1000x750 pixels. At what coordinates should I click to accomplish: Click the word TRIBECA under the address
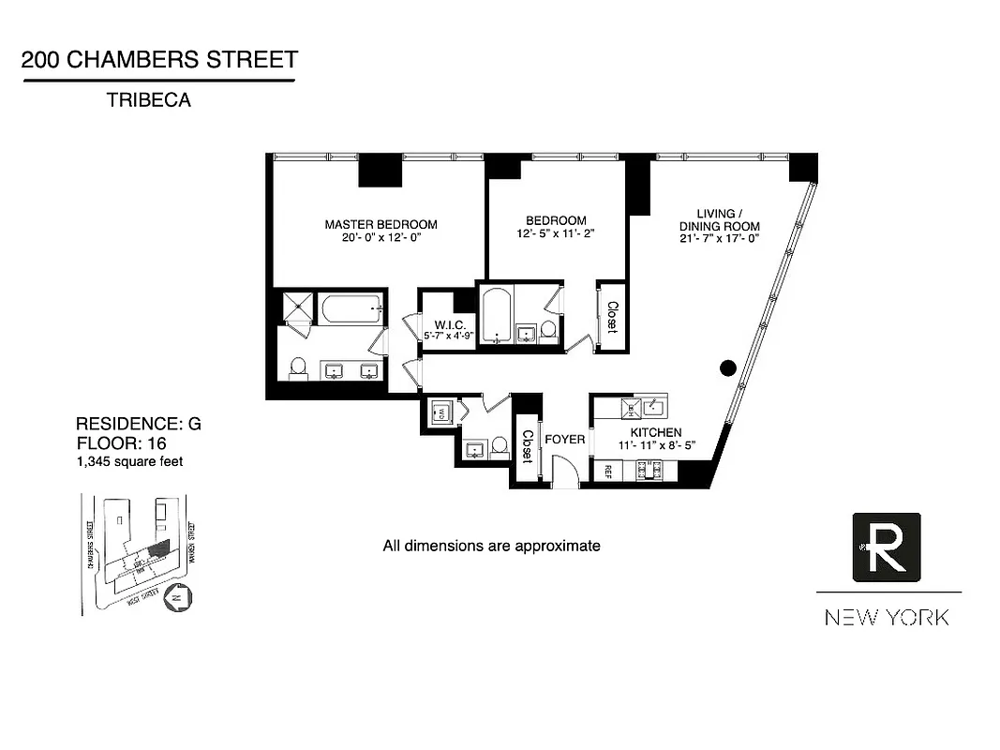pos(148,100)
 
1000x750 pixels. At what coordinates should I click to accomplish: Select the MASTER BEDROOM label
pos(381,224)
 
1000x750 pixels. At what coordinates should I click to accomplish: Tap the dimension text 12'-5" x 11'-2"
pos(556,233)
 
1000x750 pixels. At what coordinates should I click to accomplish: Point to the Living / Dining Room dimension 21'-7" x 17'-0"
pos(721,239)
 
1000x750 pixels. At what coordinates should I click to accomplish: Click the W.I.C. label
pos(437,323)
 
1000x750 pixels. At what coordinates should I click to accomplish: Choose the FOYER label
pos(564,439)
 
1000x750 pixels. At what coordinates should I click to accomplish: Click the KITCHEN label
pos(655,432)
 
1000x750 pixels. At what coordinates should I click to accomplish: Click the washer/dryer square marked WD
pos(440,412)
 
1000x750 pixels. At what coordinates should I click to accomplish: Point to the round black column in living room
pos(727,367)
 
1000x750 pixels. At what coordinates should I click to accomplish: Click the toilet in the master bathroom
pos(298,367)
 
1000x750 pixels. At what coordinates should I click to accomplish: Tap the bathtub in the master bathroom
pos(351,307)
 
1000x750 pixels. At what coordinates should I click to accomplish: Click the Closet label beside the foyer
pos(527,447)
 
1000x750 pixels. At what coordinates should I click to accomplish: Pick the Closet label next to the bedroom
pos(611,317)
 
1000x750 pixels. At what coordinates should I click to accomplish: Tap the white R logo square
pos(886,547)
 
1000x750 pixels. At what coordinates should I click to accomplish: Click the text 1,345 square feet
pos(129,461)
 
